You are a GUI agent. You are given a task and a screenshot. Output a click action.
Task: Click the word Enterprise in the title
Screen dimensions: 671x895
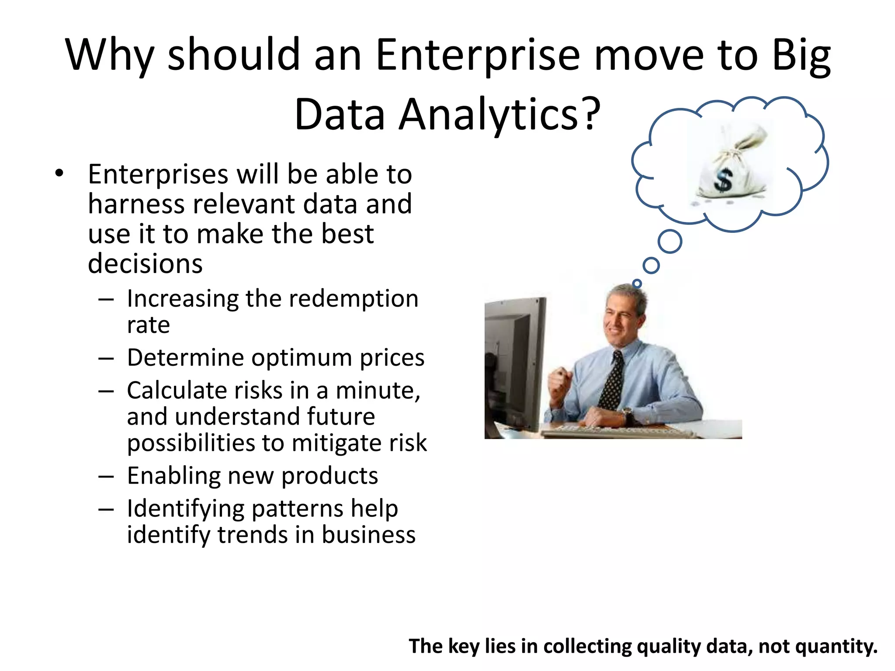(478, 56)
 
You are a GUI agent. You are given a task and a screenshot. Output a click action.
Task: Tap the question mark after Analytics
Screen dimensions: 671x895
(591, 114)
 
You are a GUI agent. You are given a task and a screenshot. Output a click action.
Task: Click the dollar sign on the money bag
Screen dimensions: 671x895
(724, 180)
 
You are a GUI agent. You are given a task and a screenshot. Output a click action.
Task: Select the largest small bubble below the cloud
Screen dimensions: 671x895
(670, 242)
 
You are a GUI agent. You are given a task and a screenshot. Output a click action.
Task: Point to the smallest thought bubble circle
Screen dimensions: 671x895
(637, 284)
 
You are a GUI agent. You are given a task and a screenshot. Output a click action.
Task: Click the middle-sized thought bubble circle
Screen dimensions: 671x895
(651, 265)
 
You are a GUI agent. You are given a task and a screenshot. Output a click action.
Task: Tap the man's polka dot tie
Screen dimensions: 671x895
(613, 380)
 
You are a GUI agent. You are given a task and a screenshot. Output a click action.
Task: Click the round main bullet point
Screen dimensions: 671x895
(59, 174)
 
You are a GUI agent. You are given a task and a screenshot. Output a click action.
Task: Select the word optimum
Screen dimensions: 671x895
(302, 358)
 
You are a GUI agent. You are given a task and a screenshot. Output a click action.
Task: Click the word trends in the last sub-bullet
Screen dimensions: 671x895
(252, 535)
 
